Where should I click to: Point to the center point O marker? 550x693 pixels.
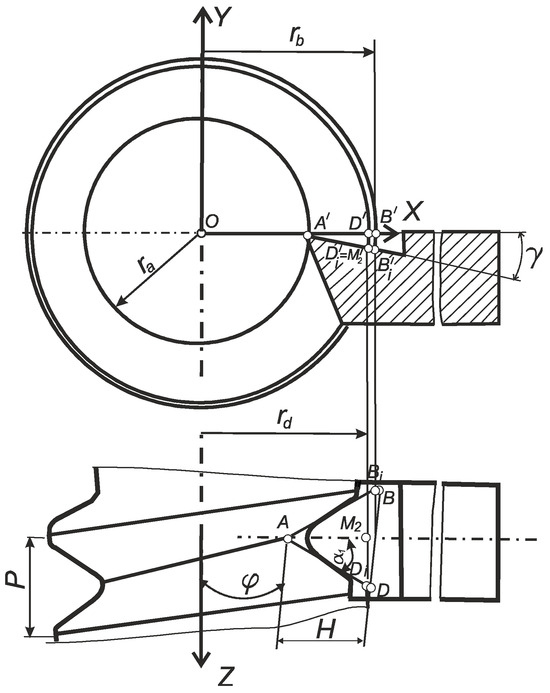coord(201,234)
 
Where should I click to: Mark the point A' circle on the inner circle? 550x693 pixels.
coord(308,235)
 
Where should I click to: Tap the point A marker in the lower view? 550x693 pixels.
coord(287,538)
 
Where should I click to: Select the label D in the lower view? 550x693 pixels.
coord(383,592)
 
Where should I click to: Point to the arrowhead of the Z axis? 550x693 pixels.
coord(202,669)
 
